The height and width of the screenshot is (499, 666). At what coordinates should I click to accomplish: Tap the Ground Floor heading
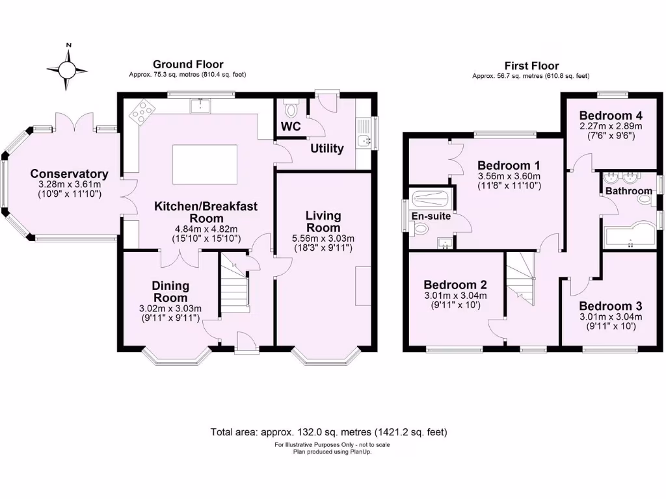[x=188, y=64]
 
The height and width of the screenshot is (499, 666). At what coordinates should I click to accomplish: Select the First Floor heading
[x=531, y=66]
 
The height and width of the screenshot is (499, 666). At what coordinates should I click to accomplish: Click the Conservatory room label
[x=69, y=174]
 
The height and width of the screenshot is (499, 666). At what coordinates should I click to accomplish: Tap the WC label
[x=291, y=127]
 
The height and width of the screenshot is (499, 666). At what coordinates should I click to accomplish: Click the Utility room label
[x=326, y=149]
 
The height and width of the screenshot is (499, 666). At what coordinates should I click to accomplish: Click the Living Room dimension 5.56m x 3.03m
[x=323, y=239]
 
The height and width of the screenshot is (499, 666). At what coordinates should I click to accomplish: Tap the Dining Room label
[x=170, y=291]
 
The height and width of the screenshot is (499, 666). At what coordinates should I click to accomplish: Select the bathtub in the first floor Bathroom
[x=628, y=238]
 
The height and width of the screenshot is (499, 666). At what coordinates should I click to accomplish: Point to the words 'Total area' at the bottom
[x=235, y=432]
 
